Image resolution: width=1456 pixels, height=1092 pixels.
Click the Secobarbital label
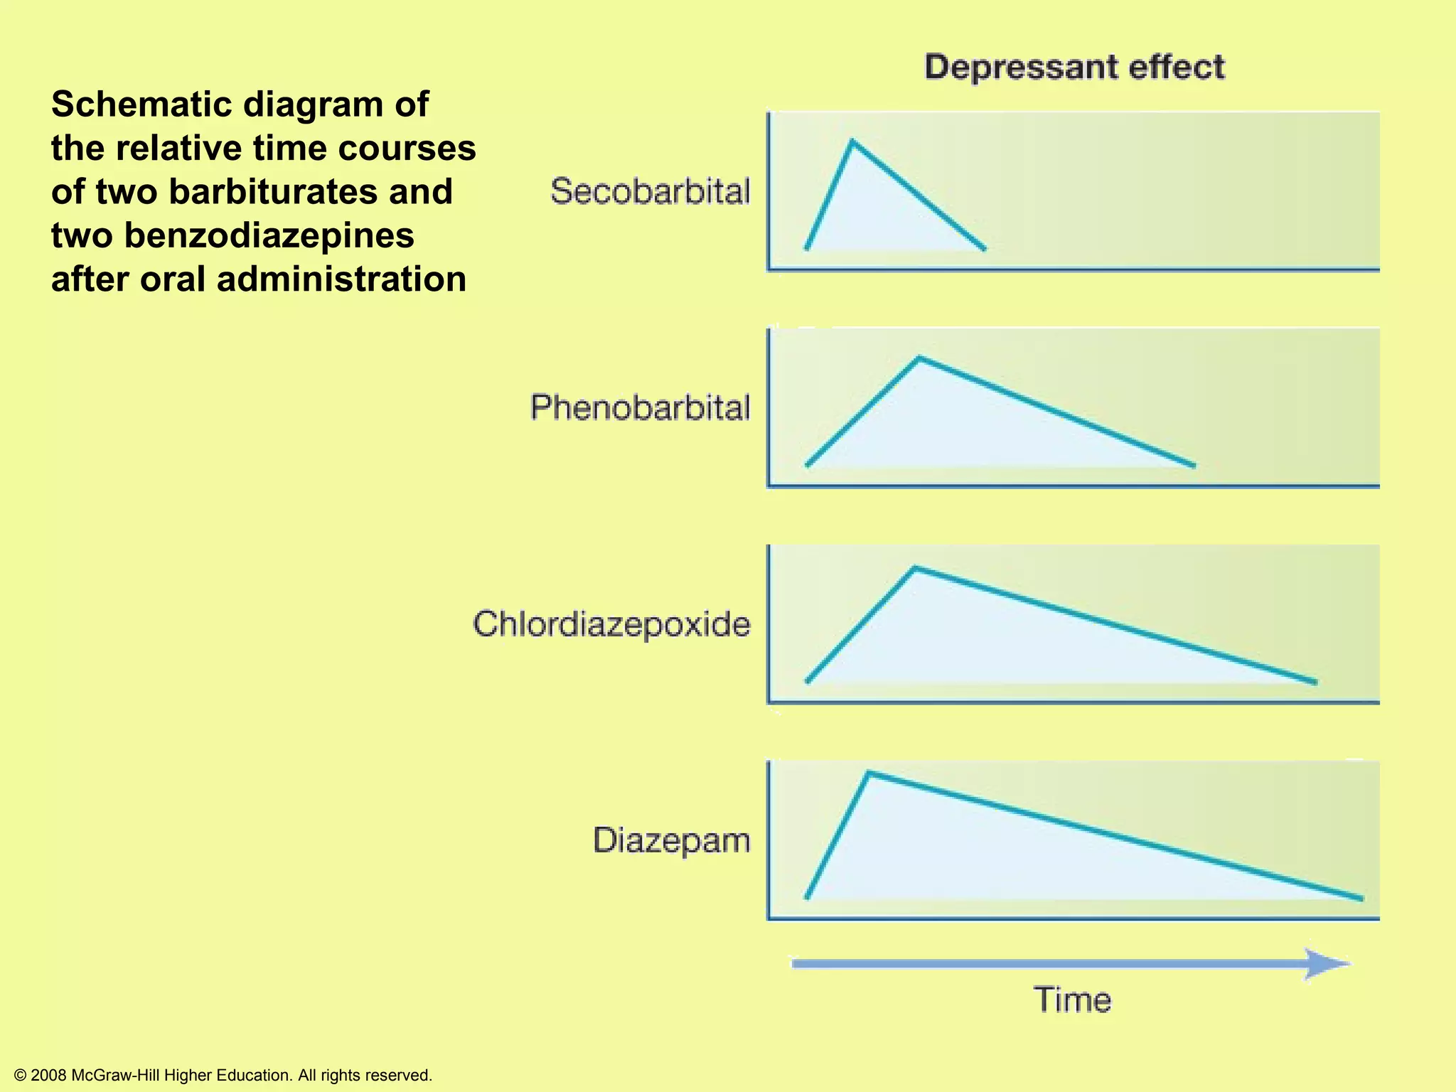coord(650,192)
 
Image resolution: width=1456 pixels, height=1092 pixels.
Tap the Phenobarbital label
coord(640,408)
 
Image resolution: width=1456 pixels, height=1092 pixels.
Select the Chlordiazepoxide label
coord(611,624)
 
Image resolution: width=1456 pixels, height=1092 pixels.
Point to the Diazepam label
coord(671,840)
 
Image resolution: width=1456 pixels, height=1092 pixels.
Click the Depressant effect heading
coord(1074,68)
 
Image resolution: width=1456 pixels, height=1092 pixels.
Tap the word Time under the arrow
coord(1072,1000)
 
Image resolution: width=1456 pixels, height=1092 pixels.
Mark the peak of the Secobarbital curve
coord(852,142)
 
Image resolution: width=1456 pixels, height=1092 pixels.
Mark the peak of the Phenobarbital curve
coord(919,358)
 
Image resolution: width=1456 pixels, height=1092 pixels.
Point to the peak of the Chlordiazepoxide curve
coord(915,568)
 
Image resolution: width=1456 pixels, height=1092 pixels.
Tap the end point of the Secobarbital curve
coord(984,249)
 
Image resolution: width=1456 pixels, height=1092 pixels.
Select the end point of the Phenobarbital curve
coord(1194,466)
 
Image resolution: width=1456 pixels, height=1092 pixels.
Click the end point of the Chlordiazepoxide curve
coord(1315,682)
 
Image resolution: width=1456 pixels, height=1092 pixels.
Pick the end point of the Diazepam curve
coord(1361,899)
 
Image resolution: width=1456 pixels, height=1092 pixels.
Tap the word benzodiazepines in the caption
coord(269,235)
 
